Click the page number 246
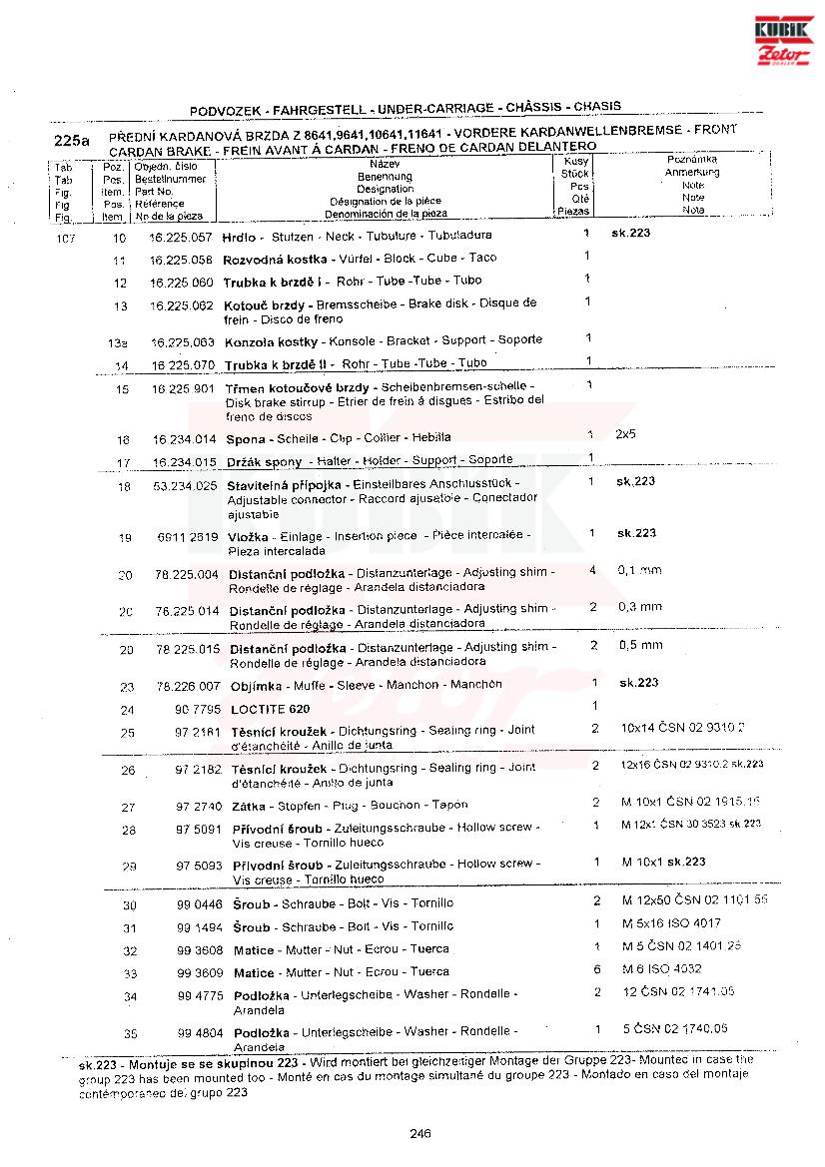tap(418, 1132)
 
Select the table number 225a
tap(72, 141)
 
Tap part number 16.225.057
tap(181, 238)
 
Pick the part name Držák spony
tap(264, 461)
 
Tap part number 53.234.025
tap(185, 486)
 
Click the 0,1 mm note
tap(639, 571)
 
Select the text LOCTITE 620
tap(270, 710)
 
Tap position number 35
tap(130, 1033)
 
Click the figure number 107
tap(66, 239)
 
